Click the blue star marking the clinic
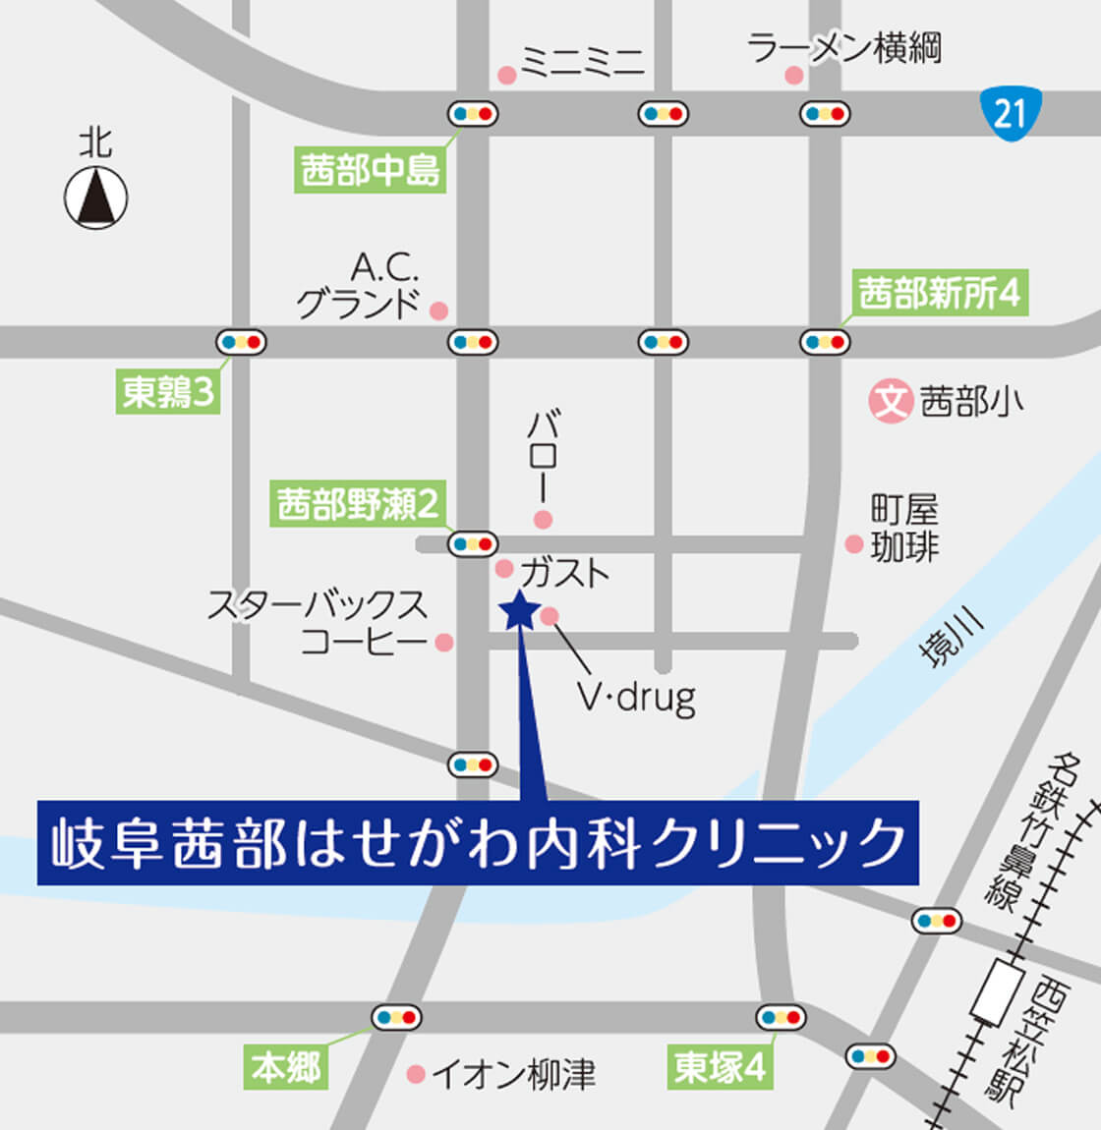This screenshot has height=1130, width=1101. tap(519, 611)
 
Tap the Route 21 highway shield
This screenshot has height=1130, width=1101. tap(1011, 114)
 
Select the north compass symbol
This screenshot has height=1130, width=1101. tap(96, 197)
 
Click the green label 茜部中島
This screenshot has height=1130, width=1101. tap(371, 171)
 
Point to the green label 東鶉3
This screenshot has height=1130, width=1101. tap(168, 393)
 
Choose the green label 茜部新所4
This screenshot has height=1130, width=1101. tap(940, 294)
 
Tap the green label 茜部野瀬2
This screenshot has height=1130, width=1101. tap(358, 504)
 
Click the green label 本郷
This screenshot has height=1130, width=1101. tap(286, 1067)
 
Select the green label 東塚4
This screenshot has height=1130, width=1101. tap(721, 1067)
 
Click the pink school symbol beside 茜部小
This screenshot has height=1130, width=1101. tap(892, 401)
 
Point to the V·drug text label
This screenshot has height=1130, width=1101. tap(637, 697)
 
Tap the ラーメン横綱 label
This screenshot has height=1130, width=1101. tap(844, 47)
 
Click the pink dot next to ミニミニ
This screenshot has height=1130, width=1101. tap(507, 75)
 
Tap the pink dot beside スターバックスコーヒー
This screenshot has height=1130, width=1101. tap(444, 643)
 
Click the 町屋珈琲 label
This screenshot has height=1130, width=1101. tap(904, 529)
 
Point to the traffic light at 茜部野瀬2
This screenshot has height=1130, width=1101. tap(473, 542)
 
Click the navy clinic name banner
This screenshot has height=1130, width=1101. tap(478, 842)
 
